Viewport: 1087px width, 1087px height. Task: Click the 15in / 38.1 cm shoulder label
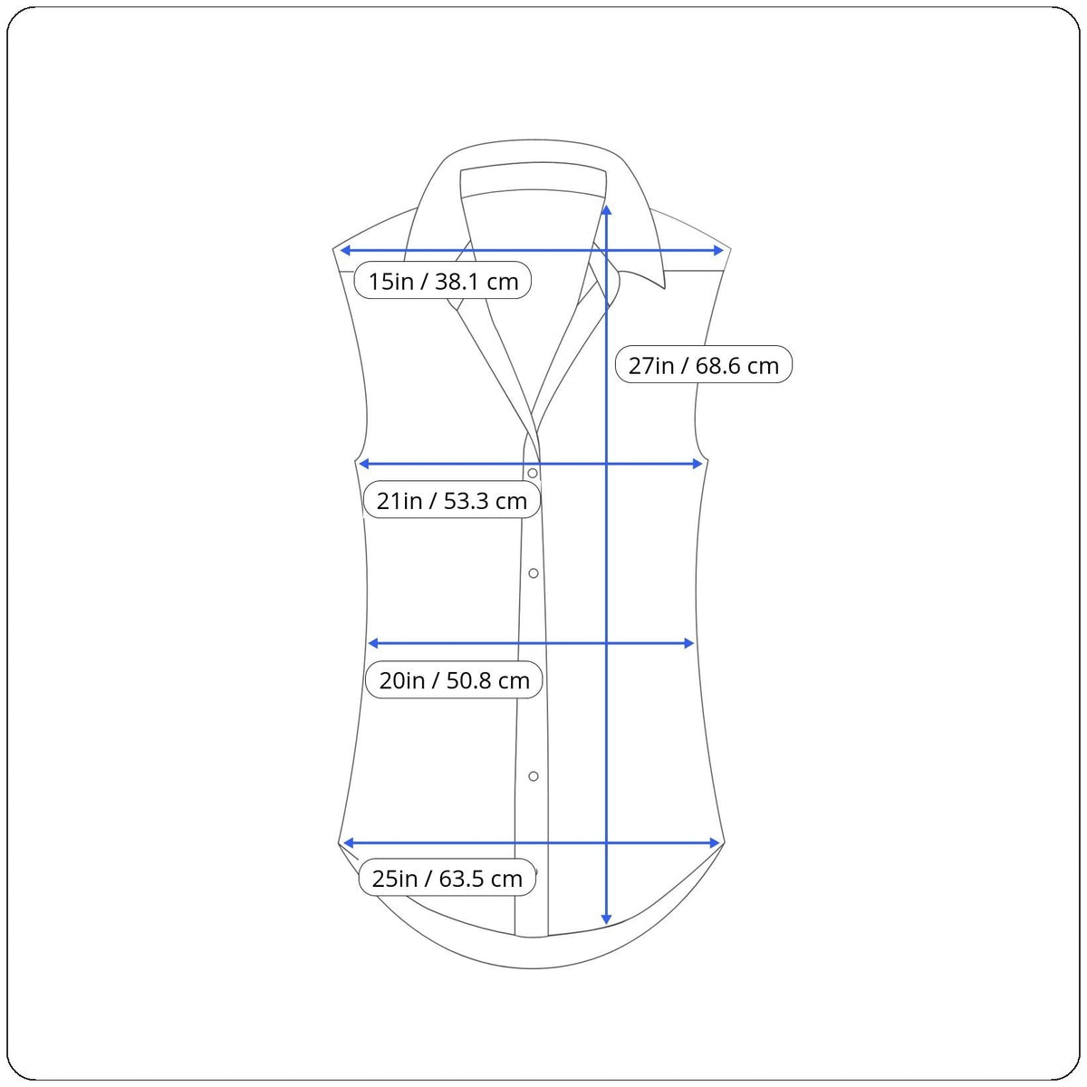pyautogui.click(x=443, y=280)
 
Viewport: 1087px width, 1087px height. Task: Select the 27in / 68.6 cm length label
pyautogui.click(x=704, y=365)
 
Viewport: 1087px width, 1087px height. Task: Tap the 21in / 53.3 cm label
pyautogui.click(x=452, y=500)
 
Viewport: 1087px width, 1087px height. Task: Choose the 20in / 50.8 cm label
pyautogui.click(x=454, y=679)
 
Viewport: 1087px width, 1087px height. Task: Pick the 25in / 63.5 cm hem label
pyautogui.click(x=447, y=878)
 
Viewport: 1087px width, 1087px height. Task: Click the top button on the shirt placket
pyautogui.click(x=533, y=473)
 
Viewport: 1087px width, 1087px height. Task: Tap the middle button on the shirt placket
pyautogui.click(x=533, y=573)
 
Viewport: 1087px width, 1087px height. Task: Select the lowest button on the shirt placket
pyautogui.click(x=533, y=776)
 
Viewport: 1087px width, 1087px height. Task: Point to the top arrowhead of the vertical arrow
pyautogui.click(x=606, y=210)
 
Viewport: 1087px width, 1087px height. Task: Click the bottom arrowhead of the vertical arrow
pyautogui.click(x=606, y=919)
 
